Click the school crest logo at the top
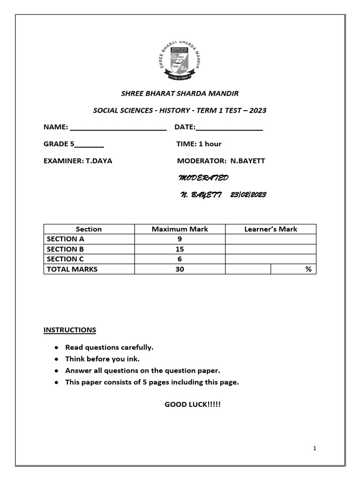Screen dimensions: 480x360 tap(180, 60)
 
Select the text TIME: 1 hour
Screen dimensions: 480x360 tap(199, 144)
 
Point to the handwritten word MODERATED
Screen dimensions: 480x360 tap(203, 178)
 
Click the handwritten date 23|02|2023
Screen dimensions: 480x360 tap(248, 195)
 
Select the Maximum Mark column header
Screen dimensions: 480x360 tap(180, 229)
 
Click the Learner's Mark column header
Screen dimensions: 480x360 tap(270, 229)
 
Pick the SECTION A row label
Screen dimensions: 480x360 tap(65, 239)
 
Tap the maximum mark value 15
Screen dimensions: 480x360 tap(180, 249)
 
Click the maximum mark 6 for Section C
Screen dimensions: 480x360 tap(180, 259)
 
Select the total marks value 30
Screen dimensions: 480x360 tap(180, 269)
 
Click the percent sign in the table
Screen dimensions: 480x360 tap(308, 269)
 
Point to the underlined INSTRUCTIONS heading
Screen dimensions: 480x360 tap(70, 330)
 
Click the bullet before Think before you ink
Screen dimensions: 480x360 tap(56, 359)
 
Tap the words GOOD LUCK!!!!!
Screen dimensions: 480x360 tap(192, 404)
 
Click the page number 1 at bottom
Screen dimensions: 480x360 tap(315, 449)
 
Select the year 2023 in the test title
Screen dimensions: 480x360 tap(257, 110)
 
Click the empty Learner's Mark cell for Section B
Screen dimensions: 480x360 tap(270, 249)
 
